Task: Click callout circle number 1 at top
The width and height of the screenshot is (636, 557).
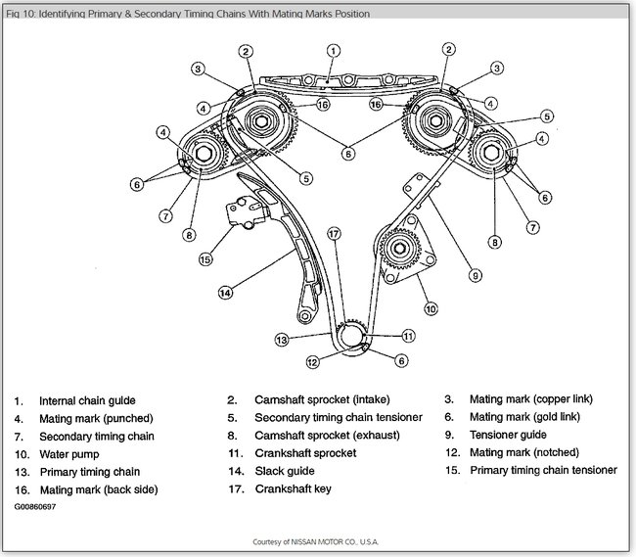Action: (334, 51)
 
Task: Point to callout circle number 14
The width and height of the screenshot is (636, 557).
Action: (226, 292)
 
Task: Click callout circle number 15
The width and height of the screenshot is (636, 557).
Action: (204, 259)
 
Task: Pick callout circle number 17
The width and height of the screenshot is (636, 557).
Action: (334, 234)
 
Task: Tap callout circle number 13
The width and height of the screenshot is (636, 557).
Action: (281, 340)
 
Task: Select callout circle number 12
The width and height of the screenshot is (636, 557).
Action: (312, 362)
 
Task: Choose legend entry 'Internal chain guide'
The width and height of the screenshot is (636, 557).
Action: (87, 400)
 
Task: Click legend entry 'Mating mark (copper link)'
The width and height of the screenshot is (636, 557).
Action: (531, 400)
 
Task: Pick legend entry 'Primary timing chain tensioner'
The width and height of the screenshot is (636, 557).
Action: (543, 471)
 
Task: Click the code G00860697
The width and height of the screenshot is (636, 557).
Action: (35, 508)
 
